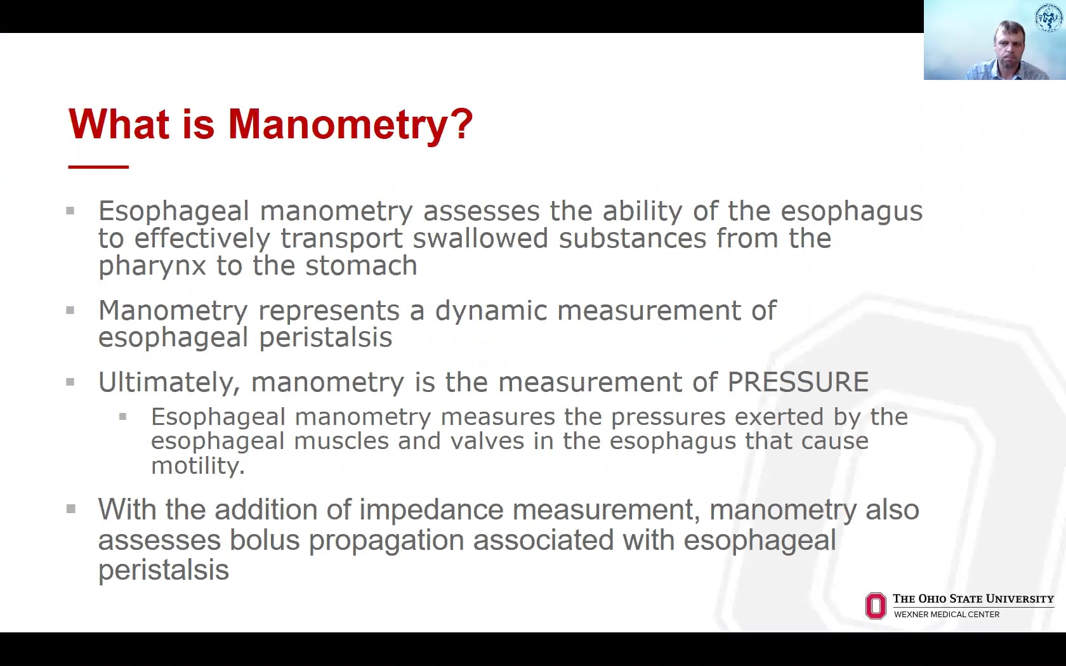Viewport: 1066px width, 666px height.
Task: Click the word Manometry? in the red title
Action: point(350,124)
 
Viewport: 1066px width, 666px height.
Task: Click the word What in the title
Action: point(119,124)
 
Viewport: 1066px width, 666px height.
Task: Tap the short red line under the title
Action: point(98,167)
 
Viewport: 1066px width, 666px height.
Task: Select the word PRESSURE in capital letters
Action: point(798,382)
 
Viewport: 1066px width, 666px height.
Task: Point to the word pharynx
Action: point(152,266)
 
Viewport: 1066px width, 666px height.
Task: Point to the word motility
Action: point(197,466)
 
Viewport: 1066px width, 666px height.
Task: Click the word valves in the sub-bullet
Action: point(487,441)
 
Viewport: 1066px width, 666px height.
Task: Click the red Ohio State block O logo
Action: point(876,606)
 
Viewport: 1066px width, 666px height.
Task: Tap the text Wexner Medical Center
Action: point(946,614)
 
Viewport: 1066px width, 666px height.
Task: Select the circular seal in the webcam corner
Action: point(1048,17)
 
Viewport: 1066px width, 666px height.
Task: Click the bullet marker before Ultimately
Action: point(70,382)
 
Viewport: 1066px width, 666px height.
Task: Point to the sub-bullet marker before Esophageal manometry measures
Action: point(123,417)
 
